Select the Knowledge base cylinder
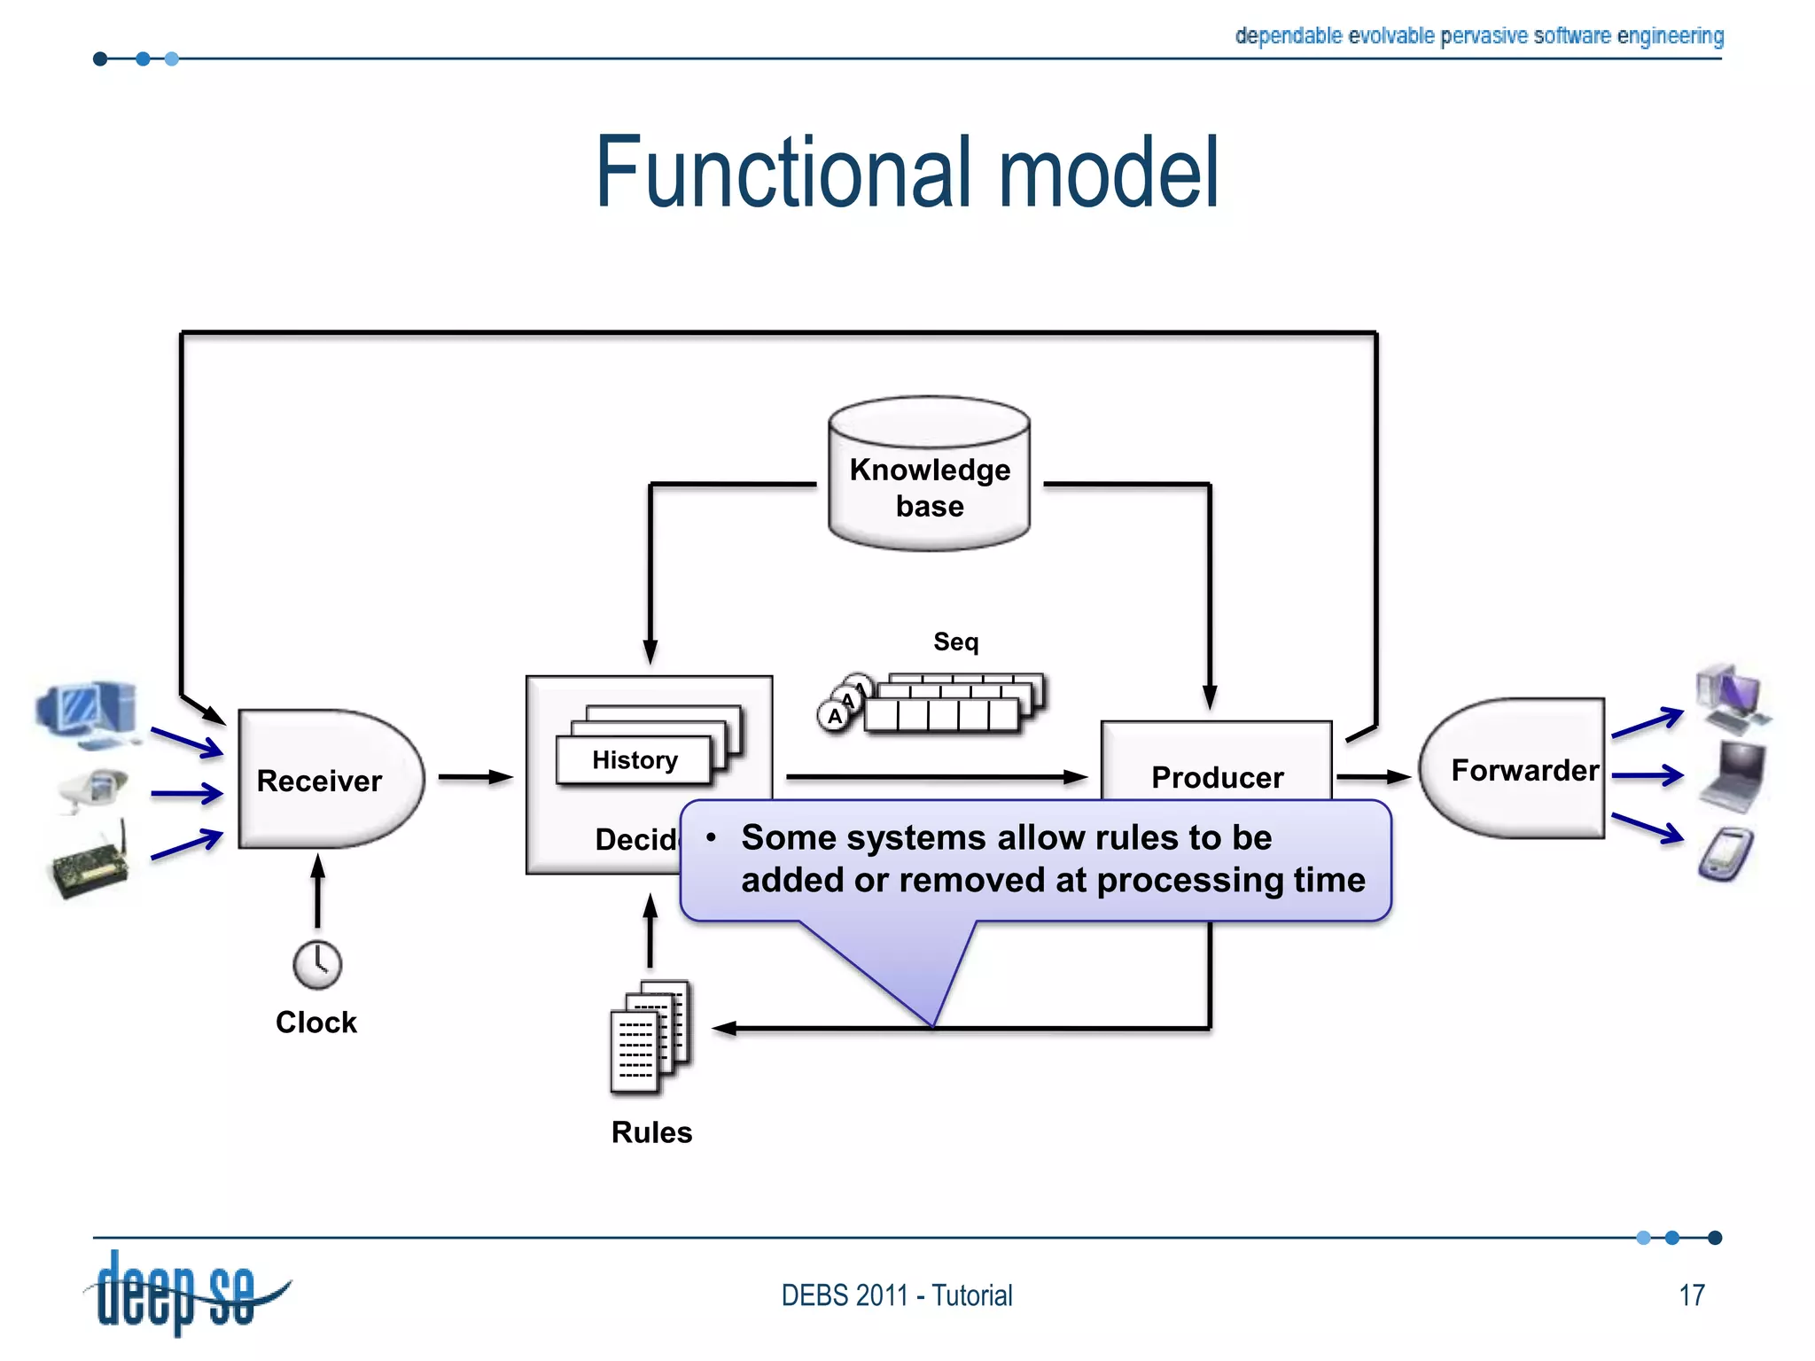(929, 478)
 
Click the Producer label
(1217, 777)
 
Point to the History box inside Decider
(634, 760)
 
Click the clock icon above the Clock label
(317, 964)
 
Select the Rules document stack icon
(650, 1035)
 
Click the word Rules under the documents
(651, 1132)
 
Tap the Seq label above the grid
(955, 641)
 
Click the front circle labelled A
(833, 716)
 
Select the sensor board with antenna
(89, 864)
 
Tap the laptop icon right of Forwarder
(1733, 775)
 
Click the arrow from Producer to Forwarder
(1372, 777)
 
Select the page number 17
(1691, 1295)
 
